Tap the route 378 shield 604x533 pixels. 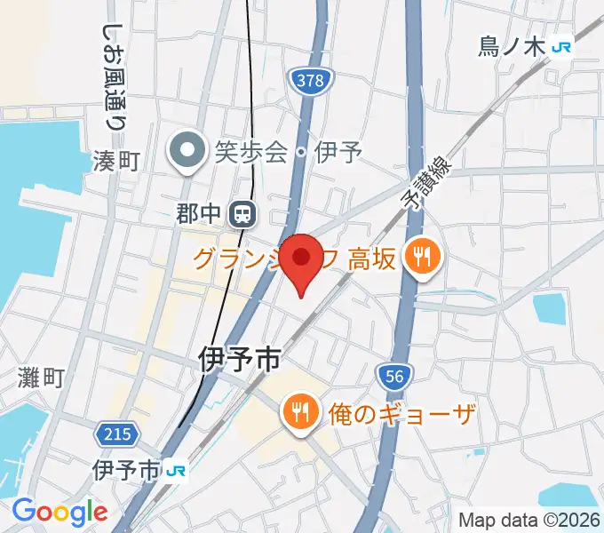click(x=310, y=81)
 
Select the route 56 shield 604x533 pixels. click(x=395, y=377)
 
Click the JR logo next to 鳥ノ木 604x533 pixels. click(x=561, y=47)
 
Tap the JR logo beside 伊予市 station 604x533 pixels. click(x=178, y=468)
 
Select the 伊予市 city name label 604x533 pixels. click(x=239, y=360)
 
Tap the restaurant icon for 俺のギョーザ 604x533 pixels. click(x=297, y=412)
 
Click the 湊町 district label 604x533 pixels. click(x=117, y=161)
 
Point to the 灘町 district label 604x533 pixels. click(x=41, y=378)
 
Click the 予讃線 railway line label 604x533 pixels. click(x=431, y=182)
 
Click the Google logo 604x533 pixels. click(x=60, y=512)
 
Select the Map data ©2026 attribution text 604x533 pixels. click(x=529, y=521)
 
